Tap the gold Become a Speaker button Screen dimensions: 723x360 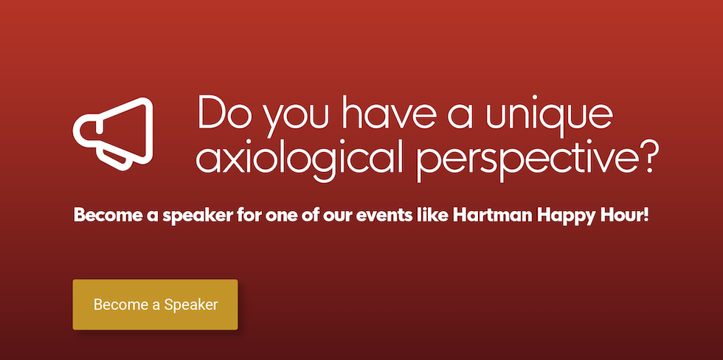[x=156, y=305]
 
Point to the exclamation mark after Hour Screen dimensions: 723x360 [x=646, y=215]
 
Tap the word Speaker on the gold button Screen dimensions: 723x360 [x=191, y=305]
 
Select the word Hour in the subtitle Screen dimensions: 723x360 [x=620, y=215]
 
